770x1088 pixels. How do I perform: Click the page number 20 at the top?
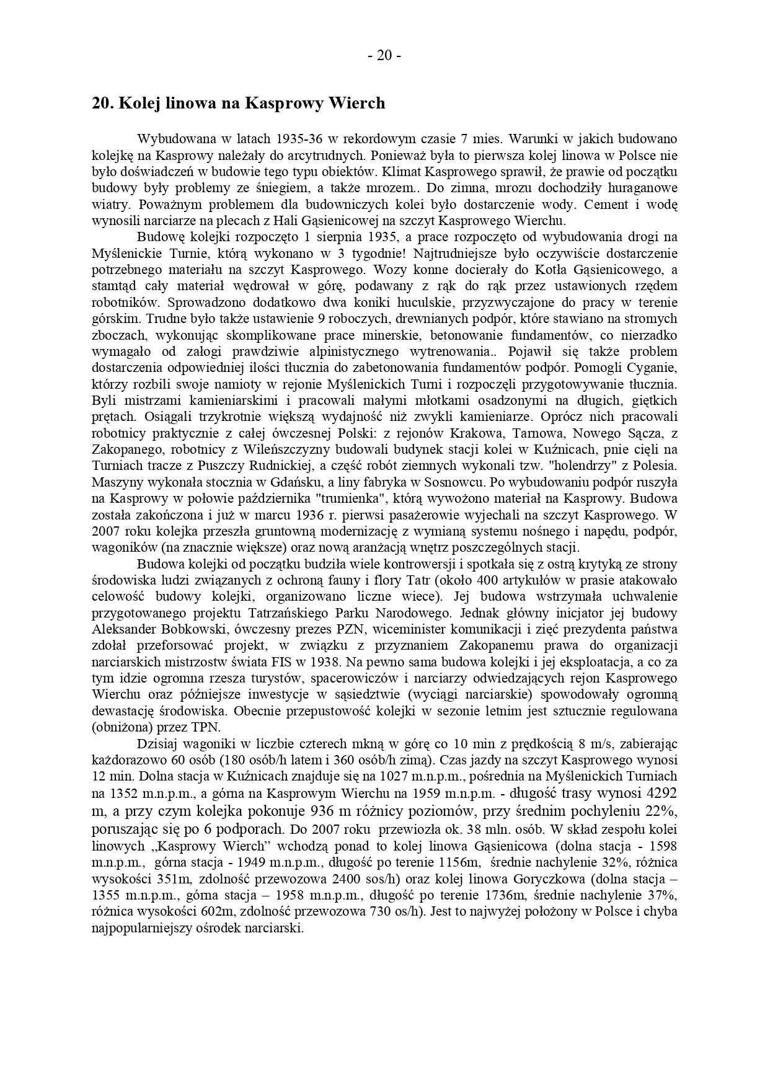[384, 56]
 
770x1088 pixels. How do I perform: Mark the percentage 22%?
[662, 812]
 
